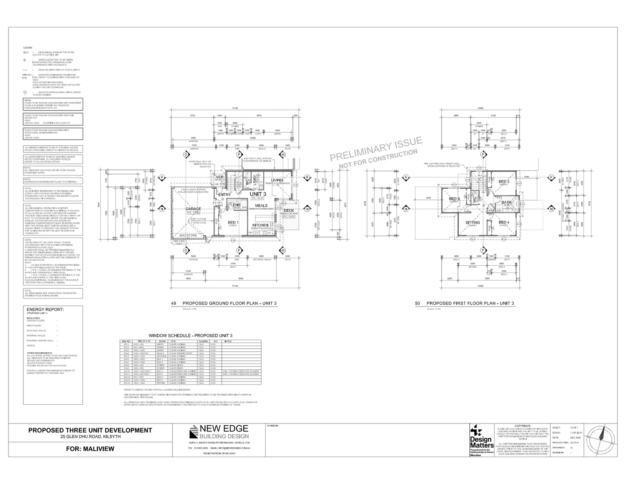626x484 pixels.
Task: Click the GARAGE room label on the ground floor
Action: tap(193, 209)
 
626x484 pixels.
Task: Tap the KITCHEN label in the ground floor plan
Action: tap(260, 225)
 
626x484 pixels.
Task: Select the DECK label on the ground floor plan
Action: tap(289, 210)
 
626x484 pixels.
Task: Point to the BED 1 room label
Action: tap(233, 223)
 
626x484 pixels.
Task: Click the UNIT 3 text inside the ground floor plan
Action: tap(258, 194)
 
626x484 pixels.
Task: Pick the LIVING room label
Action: tap(277, 180)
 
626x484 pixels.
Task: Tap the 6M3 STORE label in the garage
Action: tap(188, 235)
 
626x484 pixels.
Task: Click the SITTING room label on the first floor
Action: tap(472, 223)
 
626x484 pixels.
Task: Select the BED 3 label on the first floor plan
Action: tap(504, 181)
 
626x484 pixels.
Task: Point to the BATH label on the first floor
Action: tap(506, 202)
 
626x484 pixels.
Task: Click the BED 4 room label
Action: tap(504, 222)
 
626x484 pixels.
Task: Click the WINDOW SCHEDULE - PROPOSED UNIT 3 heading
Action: tap(190, 335)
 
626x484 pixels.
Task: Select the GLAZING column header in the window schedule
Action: tap(203, 341)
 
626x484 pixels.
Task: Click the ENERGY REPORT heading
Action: tap(45, 309)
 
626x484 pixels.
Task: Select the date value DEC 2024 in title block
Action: tap(575, 438)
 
